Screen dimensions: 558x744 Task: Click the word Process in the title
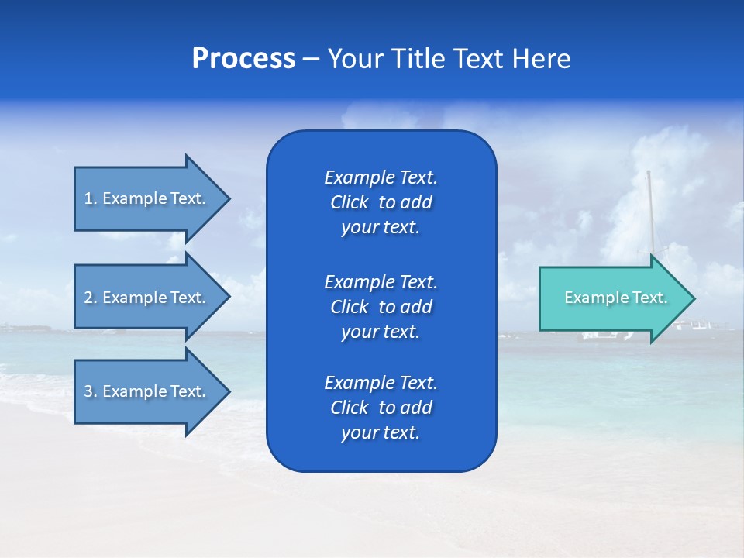[x=243, y=59]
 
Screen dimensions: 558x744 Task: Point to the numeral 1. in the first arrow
[x=91, y=199]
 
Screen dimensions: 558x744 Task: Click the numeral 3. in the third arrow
[x=91, y=392]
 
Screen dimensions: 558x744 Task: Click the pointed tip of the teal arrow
[x=692, y=298]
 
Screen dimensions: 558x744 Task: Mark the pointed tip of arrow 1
[x=227, y=198]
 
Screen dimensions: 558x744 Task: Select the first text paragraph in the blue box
[x=381, y=202]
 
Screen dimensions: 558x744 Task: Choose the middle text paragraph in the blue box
[x=381, y=307]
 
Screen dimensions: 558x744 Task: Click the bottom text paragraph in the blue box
[x=381, y=408]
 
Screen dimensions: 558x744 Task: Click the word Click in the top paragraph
[x=349, y=202]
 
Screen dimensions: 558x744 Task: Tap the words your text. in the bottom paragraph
[x=381, y=433]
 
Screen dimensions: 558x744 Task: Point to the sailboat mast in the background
[x=651, y=209]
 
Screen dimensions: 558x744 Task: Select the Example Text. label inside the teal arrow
[x=615, y=298]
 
